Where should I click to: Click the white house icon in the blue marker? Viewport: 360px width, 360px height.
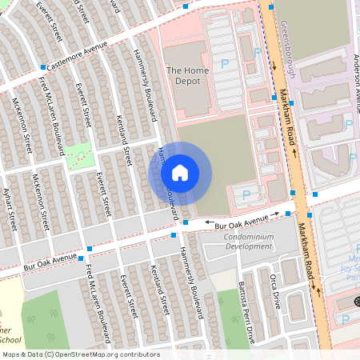click(x=180, y=173)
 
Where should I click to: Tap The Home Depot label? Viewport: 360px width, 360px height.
click(x=188, y=76)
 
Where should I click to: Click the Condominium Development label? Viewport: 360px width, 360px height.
click(x=237, y=242)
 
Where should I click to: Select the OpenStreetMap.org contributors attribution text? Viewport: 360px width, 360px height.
click(x=114, y=354)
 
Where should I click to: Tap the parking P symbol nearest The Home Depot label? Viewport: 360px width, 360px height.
click(x=225, y=63)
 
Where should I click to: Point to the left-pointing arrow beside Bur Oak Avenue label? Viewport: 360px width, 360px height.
click(x=209, y=225)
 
